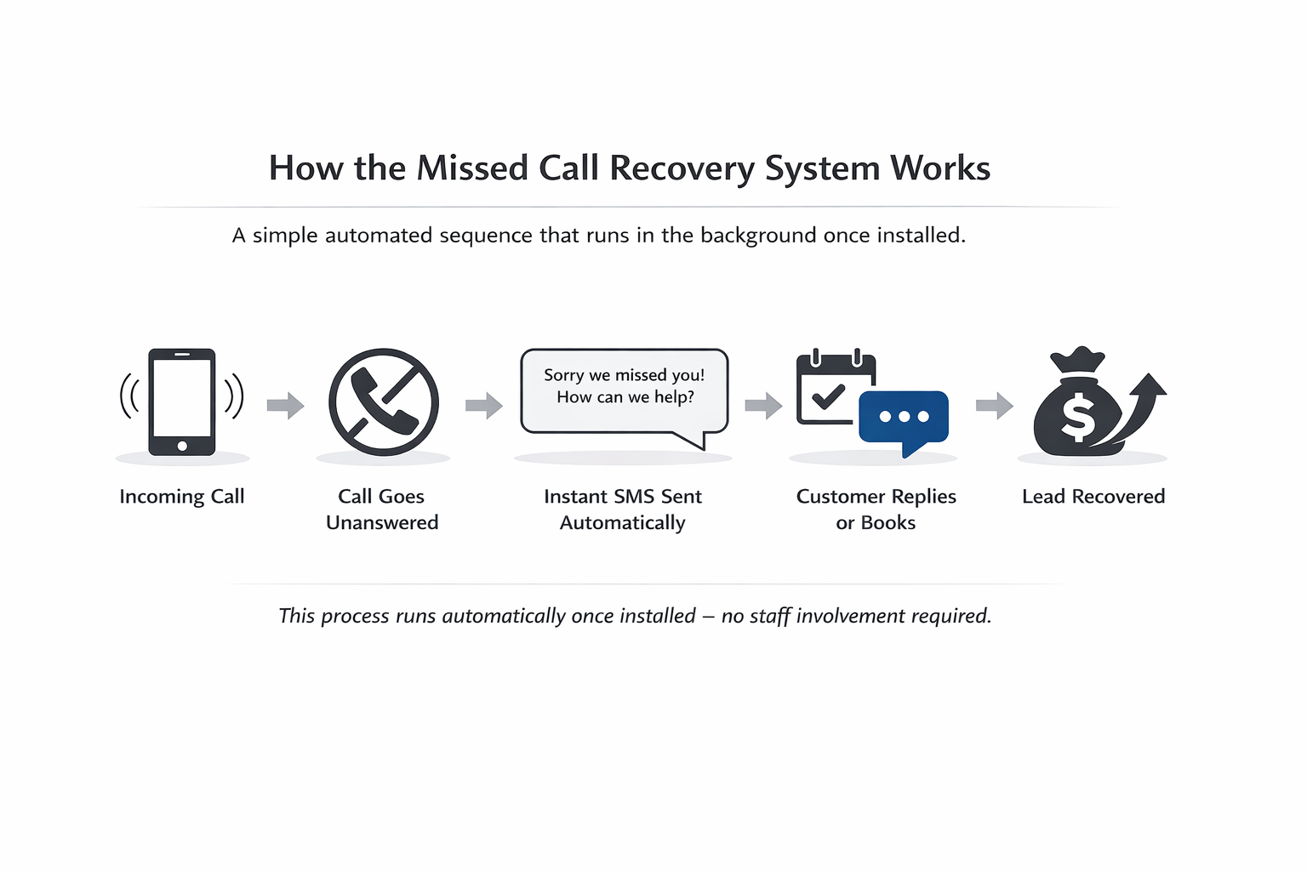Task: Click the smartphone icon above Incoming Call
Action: point(182,401)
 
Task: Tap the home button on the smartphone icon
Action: point(182,446)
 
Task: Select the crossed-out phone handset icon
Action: point(384,402)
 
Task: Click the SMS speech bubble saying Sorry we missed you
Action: point(624,390)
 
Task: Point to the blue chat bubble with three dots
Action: point(904,417)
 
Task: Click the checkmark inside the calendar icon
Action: point(827,396)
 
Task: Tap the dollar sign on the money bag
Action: point(1078,417)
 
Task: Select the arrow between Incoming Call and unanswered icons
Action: point(285,406)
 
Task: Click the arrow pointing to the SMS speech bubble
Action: point(484,406)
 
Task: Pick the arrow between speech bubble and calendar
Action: point(763,406)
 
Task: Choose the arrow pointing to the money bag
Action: point(994,406)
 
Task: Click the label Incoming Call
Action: point(182,497)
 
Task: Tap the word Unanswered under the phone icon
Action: point(382,523)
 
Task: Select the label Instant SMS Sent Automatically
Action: point(623,510)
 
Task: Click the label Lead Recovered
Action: point(1093,497)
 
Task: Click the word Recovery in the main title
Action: point(682,168)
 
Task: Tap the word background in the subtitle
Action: point(758,236)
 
